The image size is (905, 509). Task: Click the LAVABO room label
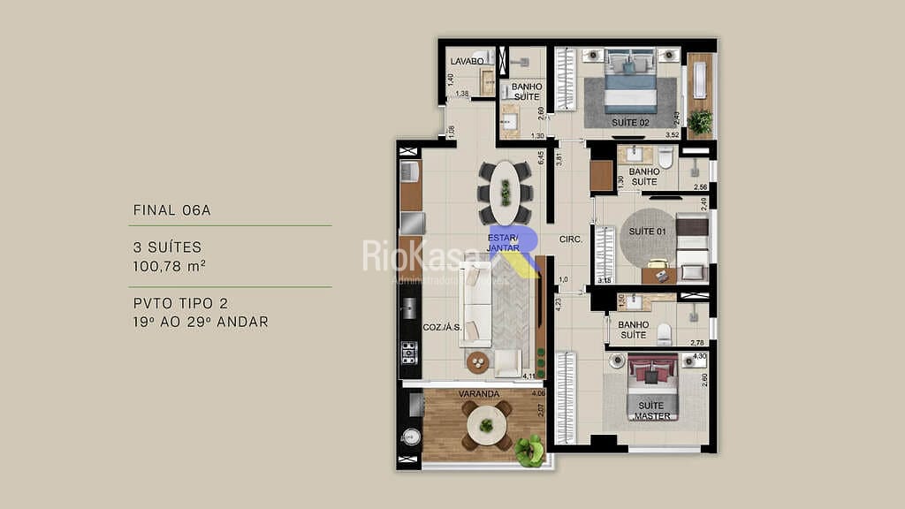point(467,61)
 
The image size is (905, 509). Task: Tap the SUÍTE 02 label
point(630,122)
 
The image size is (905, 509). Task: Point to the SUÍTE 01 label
point(647,232)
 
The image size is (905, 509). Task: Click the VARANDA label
point(479,393)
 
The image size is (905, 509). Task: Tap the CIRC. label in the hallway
point(570,239)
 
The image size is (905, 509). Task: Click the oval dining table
point(505,192)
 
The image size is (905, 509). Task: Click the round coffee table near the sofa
point(478,362)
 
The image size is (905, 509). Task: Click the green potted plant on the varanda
point(530,452)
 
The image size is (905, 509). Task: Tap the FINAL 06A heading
point(171,210)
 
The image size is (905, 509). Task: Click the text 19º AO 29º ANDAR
point(200,322)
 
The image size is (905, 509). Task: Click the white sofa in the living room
point(475,314)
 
